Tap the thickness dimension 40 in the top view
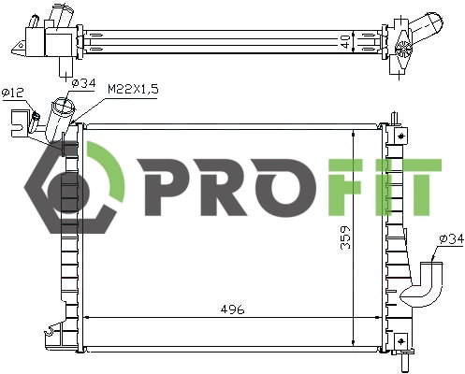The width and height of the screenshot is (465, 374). [x=345, y=42]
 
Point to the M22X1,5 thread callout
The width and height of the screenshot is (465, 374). [x=132, y=88]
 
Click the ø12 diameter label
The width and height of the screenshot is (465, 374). [x=13, y=93]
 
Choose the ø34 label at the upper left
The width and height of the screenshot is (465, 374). [x=83, y=84]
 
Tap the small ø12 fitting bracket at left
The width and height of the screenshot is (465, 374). [x=21, y=120]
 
